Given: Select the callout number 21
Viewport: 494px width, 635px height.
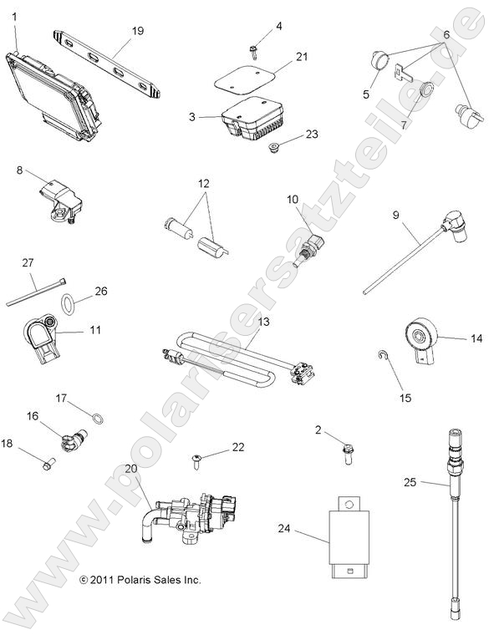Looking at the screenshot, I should [302, 56].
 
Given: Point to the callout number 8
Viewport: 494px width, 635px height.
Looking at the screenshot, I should [19, 170].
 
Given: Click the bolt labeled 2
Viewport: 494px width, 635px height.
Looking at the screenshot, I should [345, 452].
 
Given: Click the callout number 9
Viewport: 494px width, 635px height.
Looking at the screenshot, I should [395, 215].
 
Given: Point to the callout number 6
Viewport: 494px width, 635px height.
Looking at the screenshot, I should [446, 34].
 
